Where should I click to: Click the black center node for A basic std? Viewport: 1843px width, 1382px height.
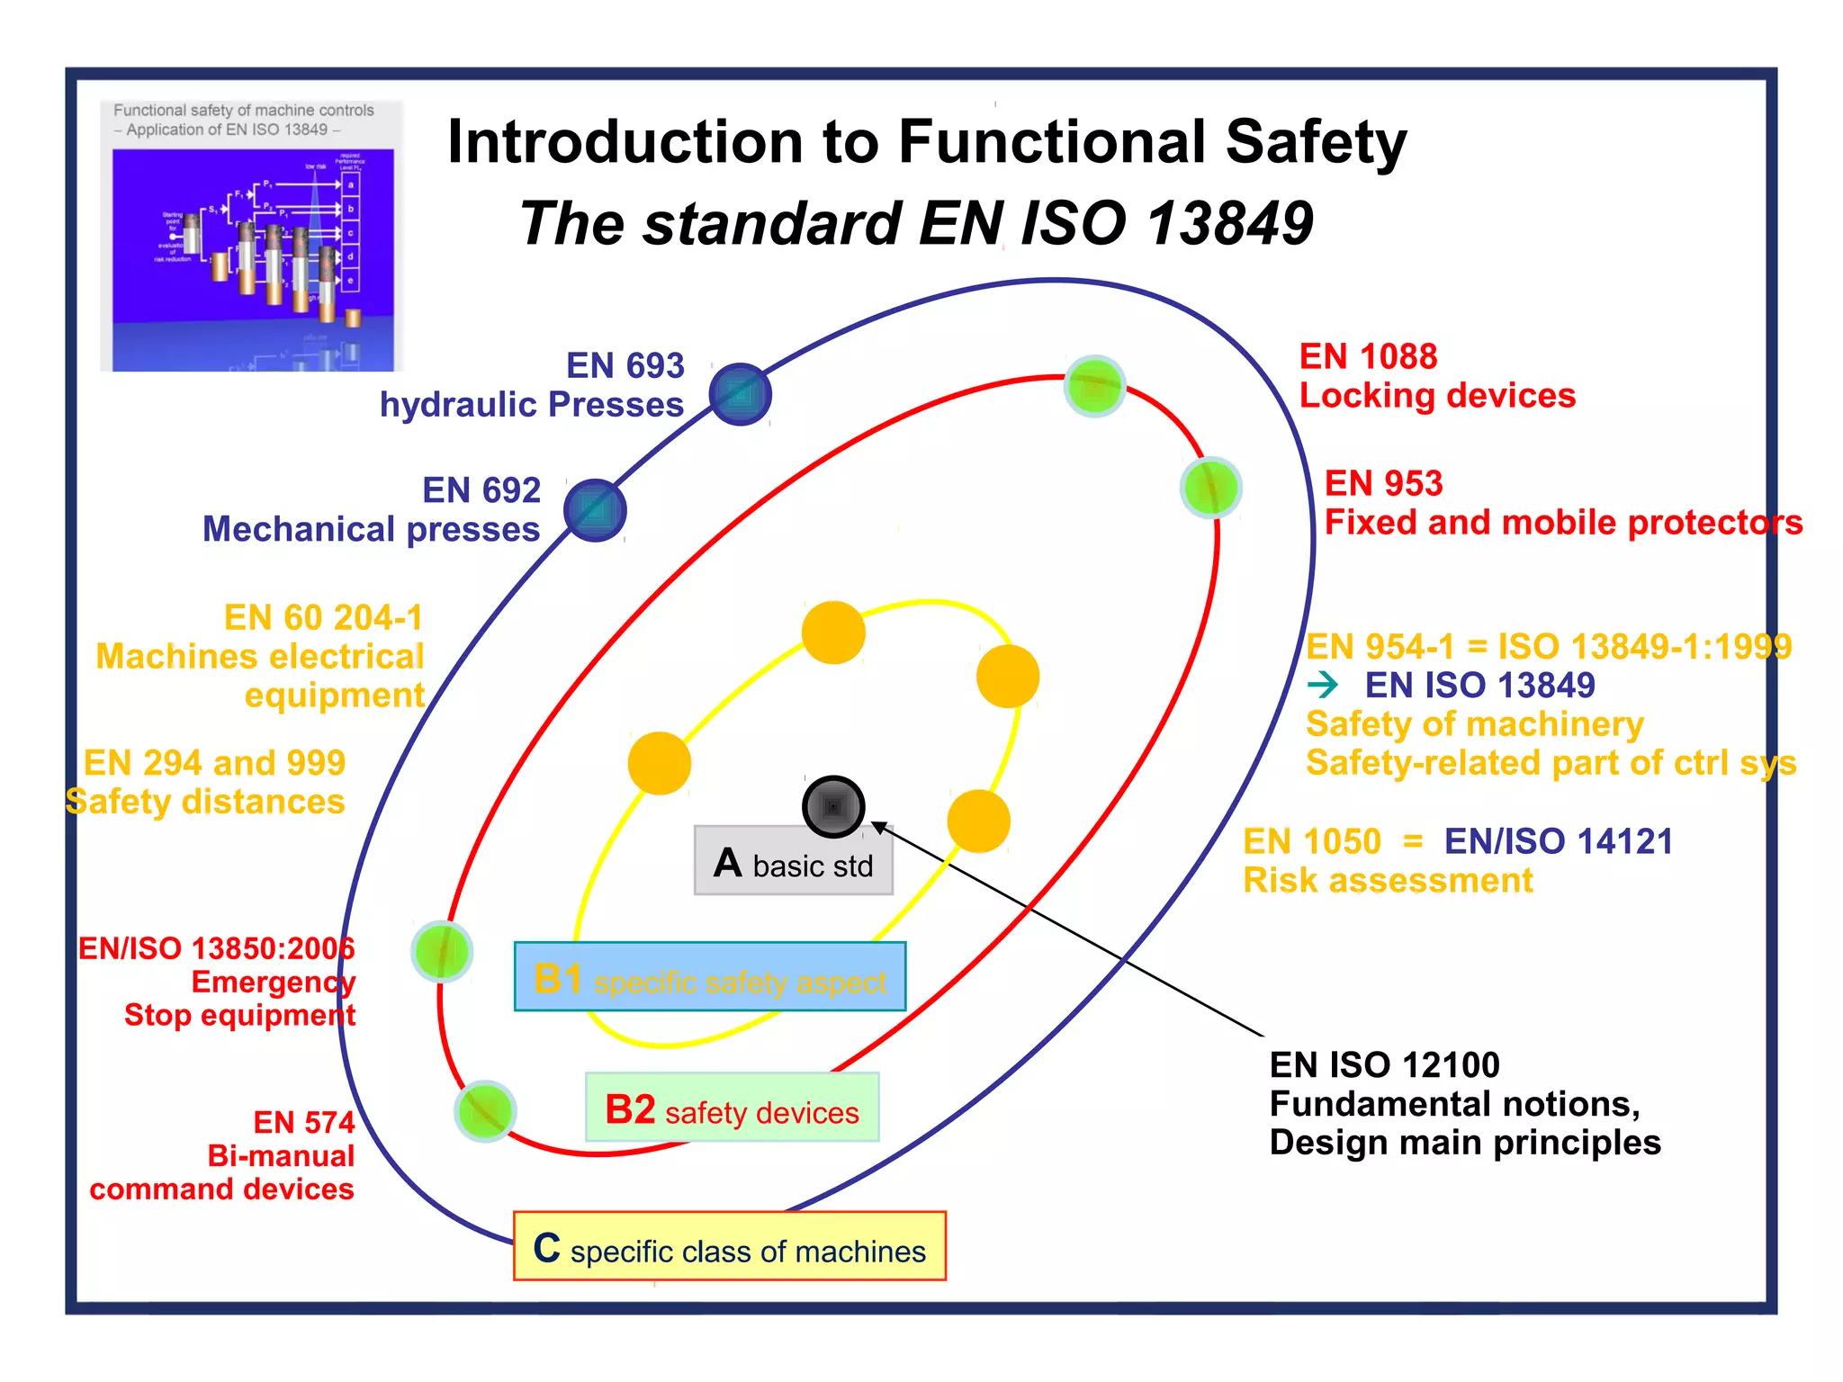[x=833, y=806]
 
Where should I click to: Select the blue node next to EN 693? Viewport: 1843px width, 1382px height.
[x=740, y=394]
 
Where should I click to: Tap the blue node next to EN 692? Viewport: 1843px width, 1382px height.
[x=595, y=511]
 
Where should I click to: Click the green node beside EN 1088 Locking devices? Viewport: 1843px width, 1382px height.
[x=1094, y=386]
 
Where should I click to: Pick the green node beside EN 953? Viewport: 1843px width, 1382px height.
[x=1211, y=488]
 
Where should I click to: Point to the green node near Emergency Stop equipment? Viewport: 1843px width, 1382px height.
[x=442, y=951]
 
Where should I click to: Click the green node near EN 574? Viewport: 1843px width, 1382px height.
[x=485, y=1110]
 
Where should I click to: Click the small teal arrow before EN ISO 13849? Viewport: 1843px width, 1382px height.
[x=1323, y=686]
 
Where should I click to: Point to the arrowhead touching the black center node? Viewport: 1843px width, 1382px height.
[x=879, y=827]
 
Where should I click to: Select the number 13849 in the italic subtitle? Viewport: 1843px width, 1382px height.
[x=1230, y=223]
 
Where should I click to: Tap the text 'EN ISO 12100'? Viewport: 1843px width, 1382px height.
[x=1384, y=1065]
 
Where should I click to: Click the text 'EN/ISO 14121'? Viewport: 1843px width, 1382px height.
[x=1558, y=842]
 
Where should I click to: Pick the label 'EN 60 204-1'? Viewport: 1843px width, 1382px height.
[x=323, y=618]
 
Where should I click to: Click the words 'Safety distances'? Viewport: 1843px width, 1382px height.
[x=206, y=802]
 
